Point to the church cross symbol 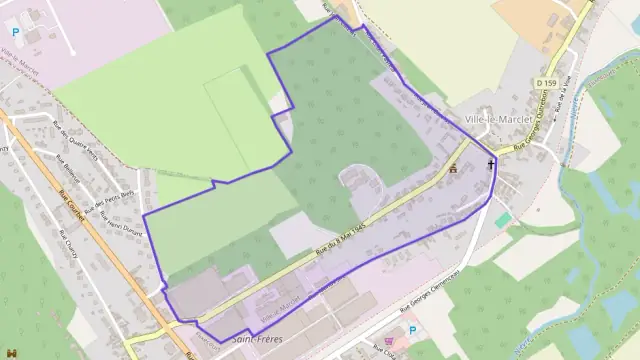click(x=491, y=164)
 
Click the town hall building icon click(x=453, y=168)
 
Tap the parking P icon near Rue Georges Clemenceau click(x=412, y=330)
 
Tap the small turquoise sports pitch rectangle click(x=502, y=219)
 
